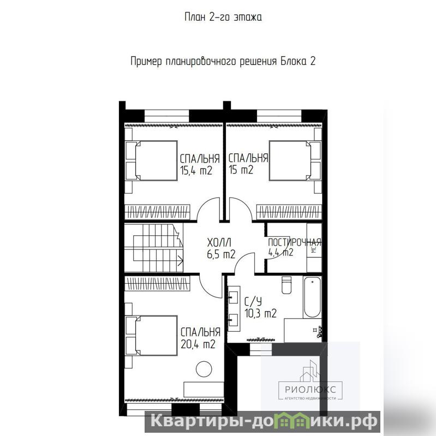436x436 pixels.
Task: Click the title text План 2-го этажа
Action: [x=223, y=17]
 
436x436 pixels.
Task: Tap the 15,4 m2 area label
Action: [x=196, y=170]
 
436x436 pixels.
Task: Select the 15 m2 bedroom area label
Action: [x=241, y=170]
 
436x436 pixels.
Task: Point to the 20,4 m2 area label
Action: [x=198, y=344]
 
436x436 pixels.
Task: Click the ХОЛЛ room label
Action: [x=219, y=243]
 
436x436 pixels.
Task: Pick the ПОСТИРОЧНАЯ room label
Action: [x=295, y=242]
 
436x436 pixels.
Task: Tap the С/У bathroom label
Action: [x=253, y=302]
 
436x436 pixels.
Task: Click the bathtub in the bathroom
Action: [x=312, y=297]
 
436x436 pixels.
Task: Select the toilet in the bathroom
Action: [x=286, y=285]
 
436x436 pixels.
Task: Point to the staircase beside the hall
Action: [x=153, y=248]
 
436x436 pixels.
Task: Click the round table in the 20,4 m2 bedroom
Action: [x=204, y=369]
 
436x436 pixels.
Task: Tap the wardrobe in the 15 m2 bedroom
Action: [x=289, y=212]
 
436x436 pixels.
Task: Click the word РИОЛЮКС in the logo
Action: [x=310, y=389]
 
